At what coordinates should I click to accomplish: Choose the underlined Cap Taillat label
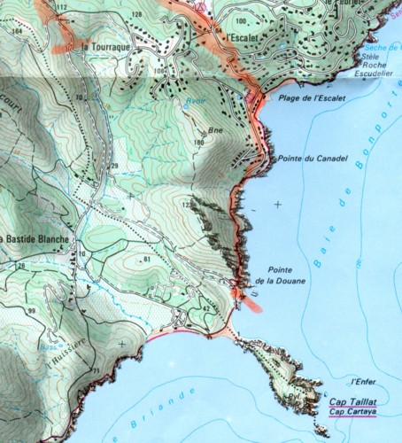click(352, 401)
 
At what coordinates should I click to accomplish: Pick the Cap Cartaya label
click(352, 411)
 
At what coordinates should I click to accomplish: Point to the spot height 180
click(198, 142)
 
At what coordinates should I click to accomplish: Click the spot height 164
click(18, 31)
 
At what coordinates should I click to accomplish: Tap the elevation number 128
click(136, 16)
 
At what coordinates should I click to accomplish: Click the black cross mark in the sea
click(278, 205)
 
